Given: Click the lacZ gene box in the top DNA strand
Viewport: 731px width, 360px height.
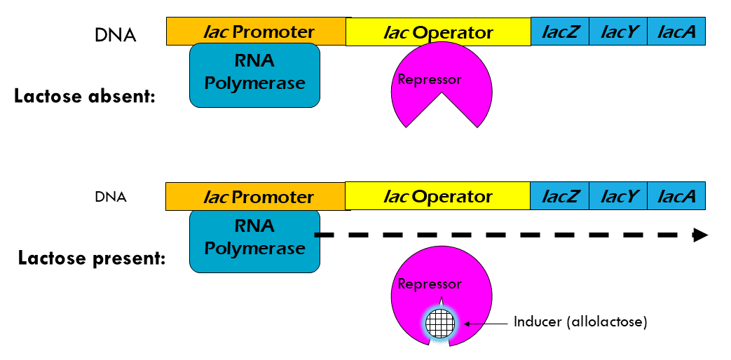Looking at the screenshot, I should [x=560, y=32].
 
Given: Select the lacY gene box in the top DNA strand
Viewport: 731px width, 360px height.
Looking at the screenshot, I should [x=618, y=32].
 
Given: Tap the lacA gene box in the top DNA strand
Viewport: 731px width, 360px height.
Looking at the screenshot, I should [x=676, y=32].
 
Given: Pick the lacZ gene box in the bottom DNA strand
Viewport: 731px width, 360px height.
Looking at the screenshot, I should [x=560, y=196].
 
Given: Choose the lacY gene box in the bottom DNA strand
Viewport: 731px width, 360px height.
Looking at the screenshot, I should [x=618, y=196].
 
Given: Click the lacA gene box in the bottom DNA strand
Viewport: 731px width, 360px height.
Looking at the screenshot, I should [x=676, y=196].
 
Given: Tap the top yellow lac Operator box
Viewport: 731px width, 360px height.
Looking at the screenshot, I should [x=438, y=32].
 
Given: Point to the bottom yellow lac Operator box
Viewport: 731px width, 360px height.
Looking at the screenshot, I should [x=438, y=196].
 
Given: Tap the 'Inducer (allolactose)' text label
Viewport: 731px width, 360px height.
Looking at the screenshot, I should [x=580, y=322].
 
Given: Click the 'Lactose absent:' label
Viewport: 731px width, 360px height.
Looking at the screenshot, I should [x=84, y=96].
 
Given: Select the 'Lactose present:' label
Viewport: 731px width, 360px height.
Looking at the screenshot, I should [x=92, y=258].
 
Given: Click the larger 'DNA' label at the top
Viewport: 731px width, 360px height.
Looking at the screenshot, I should [x=115, y=35].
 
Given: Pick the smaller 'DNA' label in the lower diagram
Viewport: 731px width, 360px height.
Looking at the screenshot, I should [x=111, y=197].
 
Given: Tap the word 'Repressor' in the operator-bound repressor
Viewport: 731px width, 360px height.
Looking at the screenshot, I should [x=430, y=79].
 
